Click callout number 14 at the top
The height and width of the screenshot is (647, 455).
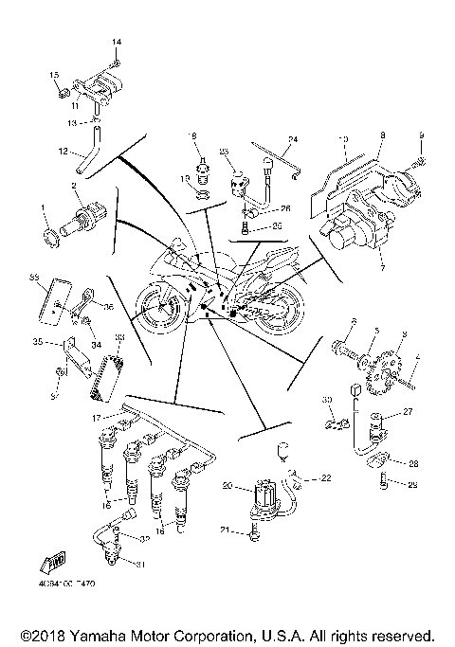point(118,44)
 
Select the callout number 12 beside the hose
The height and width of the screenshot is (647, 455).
point(64,150)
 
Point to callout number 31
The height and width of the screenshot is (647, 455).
point(144,566)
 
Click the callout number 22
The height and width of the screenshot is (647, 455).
point(327,478)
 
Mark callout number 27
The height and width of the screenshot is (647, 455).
point(409,412)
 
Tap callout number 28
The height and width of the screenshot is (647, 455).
point(413,464)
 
